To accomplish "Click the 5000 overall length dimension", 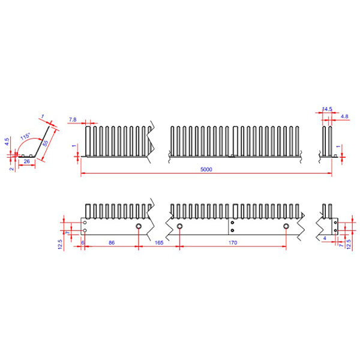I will pyautogui.click(x=206, y=170).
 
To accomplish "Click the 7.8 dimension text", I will pyautogui.click(x=73, y=120).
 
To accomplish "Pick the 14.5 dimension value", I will pyautogui.click(x=327, y=109).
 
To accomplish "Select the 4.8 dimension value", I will pyautogui.click(x=344, y=116).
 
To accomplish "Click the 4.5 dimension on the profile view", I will pyautogui.click(x=7, y=143).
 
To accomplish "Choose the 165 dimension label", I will pyautogui.click(x=159, y=242).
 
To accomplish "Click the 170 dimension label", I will pyautogui.click(x=233, y=242).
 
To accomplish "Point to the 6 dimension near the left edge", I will pyautogui.click(x=82, y=242).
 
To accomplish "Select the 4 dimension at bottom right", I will pyautogui.click(x=325, y=238).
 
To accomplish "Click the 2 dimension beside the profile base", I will pyautogui.click(x=11, y=169).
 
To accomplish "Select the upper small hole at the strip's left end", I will pyautogui.click(x=85, y=222).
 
